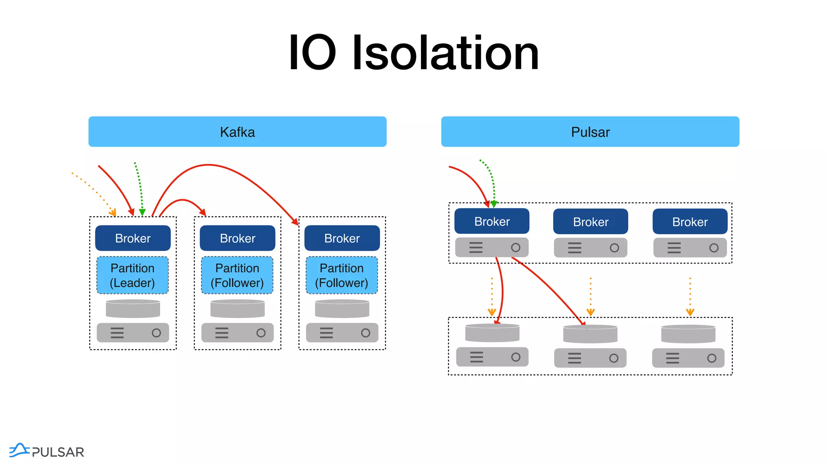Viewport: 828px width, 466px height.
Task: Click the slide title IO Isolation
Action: tap(414, 53)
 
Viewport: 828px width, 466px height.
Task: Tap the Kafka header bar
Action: tap(237, 132)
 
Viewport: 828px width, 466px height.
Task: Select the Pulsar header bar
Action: tap(590, 132)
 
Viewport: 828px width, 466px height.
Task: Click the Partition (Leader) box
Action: tap(133, 275)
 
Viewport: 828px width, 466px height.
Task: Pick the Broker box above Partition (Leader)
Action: tap(133, 238)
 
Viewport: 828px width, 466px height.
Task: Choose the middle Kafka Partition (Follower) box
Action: tap(237, 275)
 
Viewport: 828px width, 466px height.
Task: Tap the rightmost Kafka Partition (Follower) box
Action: tap(342, 275)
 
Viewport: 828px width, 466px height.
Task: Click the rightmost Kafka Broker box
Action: tap(342, 238)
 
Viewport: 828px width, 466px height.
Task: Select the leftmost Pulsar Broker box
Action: tap(492, 221)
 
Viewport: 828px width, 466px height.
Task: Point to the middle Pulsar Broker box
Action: tap(590, 222)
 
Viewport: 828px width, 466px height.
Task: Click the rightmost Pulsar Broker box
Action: tap(690, 222)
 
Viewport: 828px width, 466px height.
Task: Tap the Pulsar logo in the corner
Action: tap(46, 451)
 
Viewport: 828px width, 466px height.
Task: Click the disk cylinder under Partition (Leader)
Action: tap(133, 309)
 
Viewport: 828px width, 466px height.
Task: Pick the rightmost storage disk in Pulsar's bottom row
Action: tap(688, 334)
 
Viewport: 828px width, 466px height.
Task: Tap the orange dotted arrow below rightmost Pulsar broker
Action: tap(690, 296)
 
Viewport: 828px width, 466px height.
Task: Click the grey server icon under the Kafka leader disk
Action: tap(133, 333)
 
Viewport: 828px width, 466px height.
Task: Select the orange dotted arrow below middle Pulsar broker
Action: tap(591, 296)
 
